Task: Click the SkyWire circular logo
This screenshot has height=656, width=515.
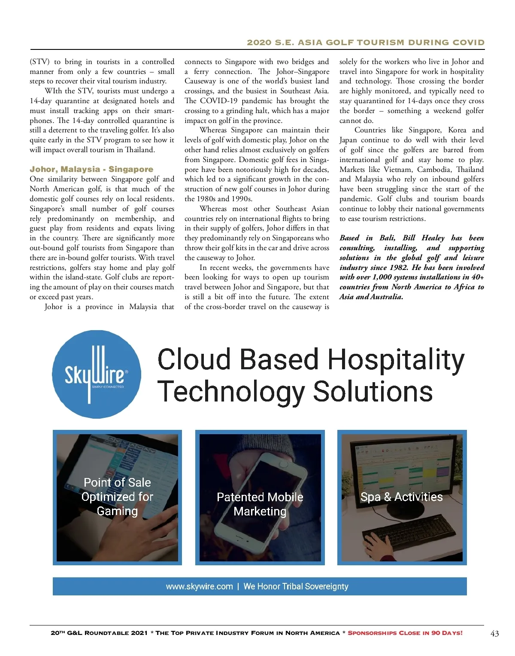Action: pyautogui.click(x=97, y=374)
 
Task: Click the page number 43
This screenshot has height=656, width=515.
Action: pyautogui.click(x=494, y=633)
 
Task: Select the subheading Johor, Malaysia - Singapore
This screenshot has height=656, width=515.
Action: pyautogui.click(x=91, y=169)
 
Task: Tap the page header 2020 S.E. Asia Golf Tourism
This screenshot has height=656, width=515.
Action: pyautogui.click(x=365, y=43)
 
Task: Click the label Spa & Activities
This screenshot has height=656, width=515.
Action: pyautogui.click(x=401, y=497)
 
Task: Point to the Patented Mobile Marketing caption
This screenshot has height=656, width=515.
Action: pyautogui.click(x=260, y=504)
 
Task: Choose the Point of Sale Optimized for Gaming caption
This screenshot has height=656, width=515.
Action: pyautogui.click(x=117, y=497)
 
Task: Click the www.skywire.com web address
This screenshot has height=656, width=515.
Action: pyautogui.click(x=199, y=586)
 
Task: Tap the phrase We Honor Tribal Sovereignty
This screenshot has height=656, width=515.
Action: pyautogui.click(x=296, y=586)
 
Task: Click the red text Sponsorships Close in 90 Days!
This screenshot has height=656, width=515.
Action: pyautogui.click(x=405, y=633)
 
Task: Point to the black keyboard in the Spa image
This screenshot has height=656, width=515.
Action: pyautogui.click(x=408, y=533)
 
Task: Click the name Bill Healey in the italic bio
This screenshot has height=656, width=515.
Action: pyautogui.click(x=423, y=238)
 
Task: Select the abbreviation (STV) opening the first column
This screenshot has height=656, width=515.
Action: pyautogui.click(x=39, y=62)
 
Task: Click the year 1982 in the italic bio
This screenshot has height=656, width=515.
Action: pyautogui.click(x=398, y=267)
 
